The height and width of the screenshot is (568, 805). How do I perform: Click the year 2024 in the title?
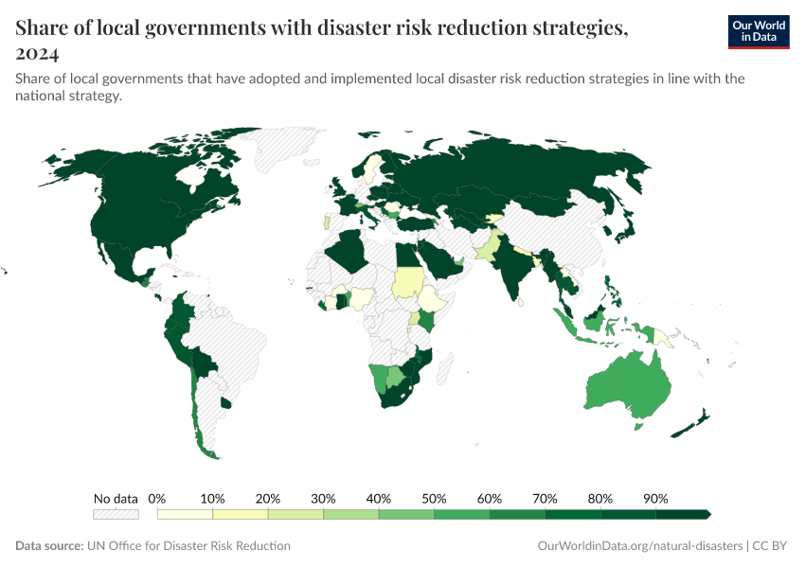37,54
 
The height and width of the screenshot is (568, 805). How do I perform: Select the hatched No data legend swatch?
116,514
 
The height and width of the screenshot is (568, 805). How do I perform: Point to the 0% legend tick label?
158,498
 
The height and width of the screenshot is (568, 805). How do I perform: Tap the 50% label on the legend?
434,498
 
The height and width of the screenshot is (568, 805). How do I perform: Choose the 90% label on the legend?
655,498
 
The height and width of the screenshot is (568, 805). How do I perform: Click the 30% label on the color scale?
323,498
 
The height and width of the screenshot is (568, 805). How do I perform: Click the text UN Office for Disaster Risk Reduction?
188,546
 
